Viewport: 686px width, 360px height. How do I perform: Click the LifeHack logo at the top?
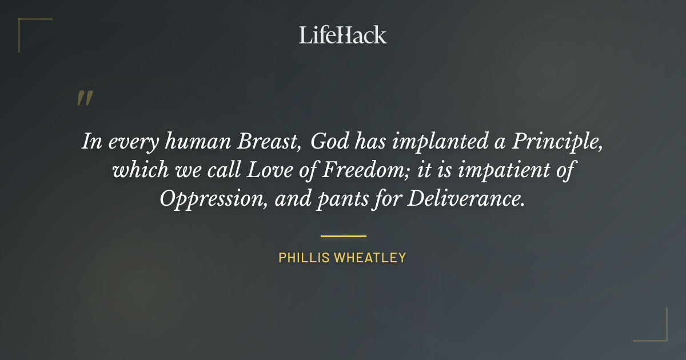[x=343, y=35]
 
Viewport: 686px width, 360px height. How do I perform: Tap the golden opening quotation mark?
[x=84, y=98]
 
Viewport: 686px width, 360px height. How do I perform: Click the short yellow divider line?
[x=343, y=235]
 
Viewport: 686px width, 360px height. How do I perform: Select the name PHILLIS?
[x=304, y=258]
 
